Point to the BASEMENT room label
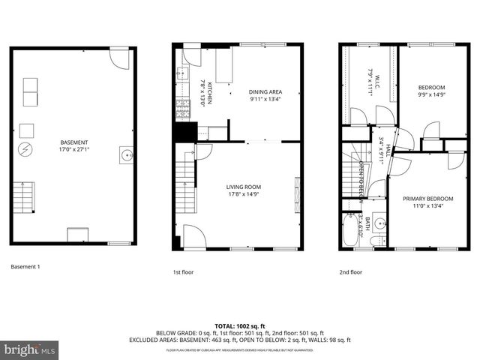[x=74, y=142]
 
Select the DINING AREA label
[x=265, y=91]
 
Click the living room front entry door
[x=193, y=239]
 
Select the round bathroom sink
[x=379, y=223]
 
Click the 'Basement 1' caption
[x=25, y=267]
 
